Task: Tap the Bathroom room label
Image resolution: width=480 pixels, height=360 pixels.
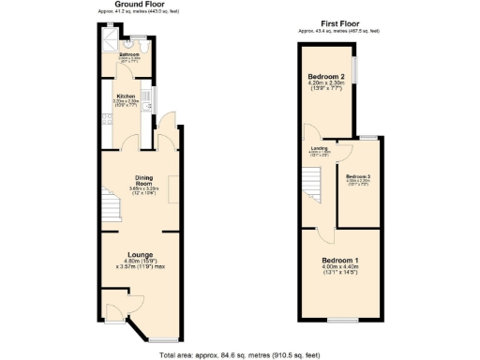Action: (128, 55)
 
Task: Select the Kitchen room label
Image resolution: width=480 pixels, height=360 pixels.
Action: (127, 96)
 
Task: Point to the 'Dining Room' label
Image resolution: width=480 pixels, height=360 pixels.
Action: (144, 181)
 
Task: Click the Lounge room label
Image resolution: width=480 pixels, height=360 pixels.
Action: (142, 254)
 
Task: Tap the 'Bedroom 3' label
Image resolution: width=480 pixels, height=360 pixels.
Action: (358, 176)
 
